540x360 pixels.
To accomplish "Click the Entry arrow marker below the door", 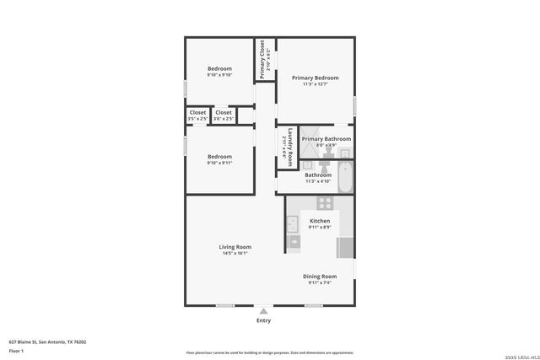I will (x=263, y=311).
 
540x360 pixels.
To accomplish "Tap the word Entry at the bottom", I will (x=263, y=320).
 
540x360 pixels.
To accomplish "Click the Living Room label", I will (x=235, y=247).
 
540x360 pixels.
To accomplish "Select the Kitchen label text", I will (x=319, y=221).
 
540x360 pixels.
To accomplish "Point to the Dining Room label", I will (x=320, y=277).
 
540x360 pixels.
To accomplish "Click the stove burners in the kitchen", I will (x=324, y=203).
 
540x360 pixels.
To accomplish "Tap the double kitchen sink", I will (x=292, y=224).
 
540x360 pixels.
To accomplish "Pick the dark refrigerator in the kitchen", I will (x=344, y=248).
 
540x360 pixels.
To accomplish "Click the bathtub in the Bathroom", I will (x=345, y=179).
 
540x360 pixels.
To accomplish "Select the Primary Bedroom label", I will (x=316, y=78).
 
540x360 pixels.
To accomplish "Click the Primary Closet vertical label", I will (x=262, y=60).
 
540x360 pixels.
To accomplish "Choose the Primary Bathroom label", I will (x=326, y=139).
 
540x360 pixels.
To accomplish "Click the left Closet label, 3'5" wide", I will (x=197, y=112).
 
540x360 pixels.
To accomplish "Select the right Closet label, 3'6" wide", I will (x=224, y=112).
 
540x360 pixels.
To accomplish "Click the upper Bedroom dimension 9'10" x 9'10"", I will (x=219, y=75).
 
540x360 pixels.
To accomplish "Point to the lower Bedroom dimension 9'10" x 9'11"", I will (x=219, y=163).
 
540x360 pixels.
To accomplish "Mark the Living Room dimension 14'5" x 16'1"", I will (x=235, y=253).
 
